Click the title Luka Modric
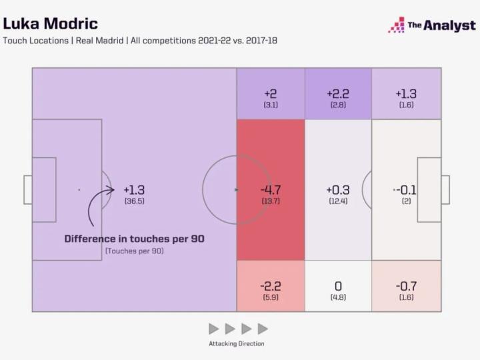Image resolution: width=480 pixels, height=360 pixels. [x=50, y=23]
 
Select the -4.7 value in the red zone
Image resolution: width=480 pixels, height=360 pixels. [x=271, y=190]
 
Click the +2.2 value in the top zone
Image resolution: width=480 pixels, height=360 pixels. [x=338, y=94]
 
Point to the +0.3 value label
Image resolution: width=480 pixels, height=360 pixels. [x=338, y=190]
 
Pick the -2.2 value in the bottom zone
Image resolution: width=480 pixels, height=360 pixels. [x=271, y=286]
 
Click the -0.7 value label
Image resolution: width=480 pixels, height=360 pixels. [x=405, y=286]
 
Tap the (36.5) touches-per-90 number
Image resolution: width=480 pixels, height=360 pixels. [x=134, y=201]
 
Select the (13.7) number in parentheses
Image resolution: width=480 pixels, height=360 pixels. [x=271, y=201]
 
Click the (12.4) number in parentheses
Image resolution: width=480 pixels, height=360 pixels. [x=338, y=201]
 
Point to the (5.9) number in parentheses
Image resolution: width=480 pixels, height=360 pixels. [x=271, y=297]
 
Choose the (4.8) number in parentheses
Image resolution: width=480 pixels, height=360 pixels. [x=338, y=297]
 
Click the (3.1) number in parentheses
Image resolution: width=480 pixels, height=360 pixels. [x=271, y=105]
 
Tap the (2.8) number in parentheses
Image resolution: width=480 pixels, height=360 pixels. [x=338, y=105]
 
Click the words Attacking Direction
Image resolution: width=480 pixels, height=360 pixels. [x=236, y=343]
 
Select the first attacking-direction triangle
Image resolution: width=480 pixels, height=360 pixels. [x=213, y=329]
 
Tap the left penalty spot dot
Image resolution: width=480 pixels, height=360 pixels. [x=79, y=190]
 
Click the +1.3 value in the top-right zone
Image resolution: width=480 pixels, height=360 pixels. [x=405, y=94]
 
